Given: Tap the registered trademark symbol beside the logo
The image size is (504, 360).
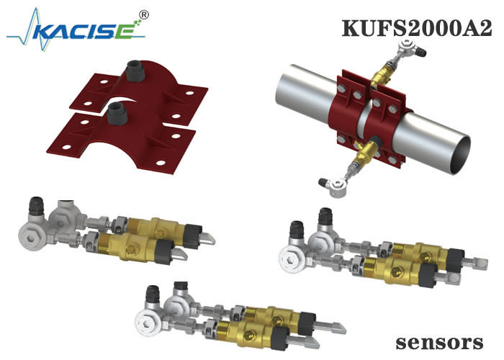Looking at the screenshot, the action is pyautogui.click(x=144, y=15).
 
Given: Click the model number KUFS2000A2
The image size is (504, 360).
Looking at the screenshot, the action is pyautogui.click(x=417, y=28).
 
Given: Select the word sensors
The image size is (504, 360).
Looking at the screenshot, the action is pyautogui.click(x=439, y=343).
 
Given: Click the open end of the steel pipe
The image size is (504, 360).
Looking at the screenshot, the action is pyautogui.click(x=460, y=155).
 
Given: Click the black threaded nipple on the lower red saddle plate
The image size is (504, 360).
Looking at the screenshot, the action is pyautogui.click(x=117, y=113).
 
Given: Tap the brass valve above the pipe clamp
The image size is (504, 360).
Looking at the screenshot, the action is pyautogui.click(x=382, y=75).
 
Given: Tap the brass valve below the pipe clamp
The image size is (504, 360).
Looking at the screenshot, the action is pyautogui.click(x=364, y=153).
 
